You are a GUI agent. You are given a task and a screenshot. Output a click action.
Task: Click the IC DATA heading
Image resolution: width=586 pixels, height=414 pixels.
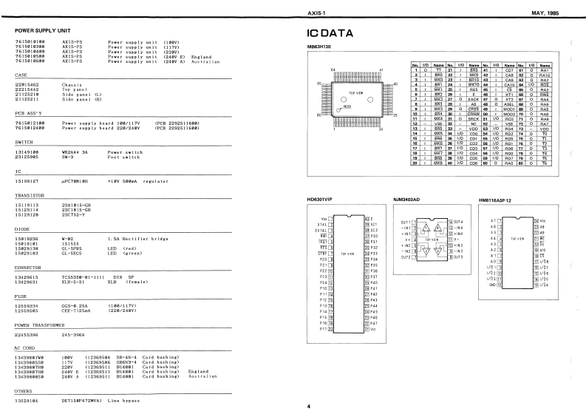point(335,34)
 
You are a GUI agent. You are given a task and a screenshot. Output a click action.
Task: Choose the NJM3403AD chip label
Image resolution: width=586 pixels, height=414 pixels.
point(411,199)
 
